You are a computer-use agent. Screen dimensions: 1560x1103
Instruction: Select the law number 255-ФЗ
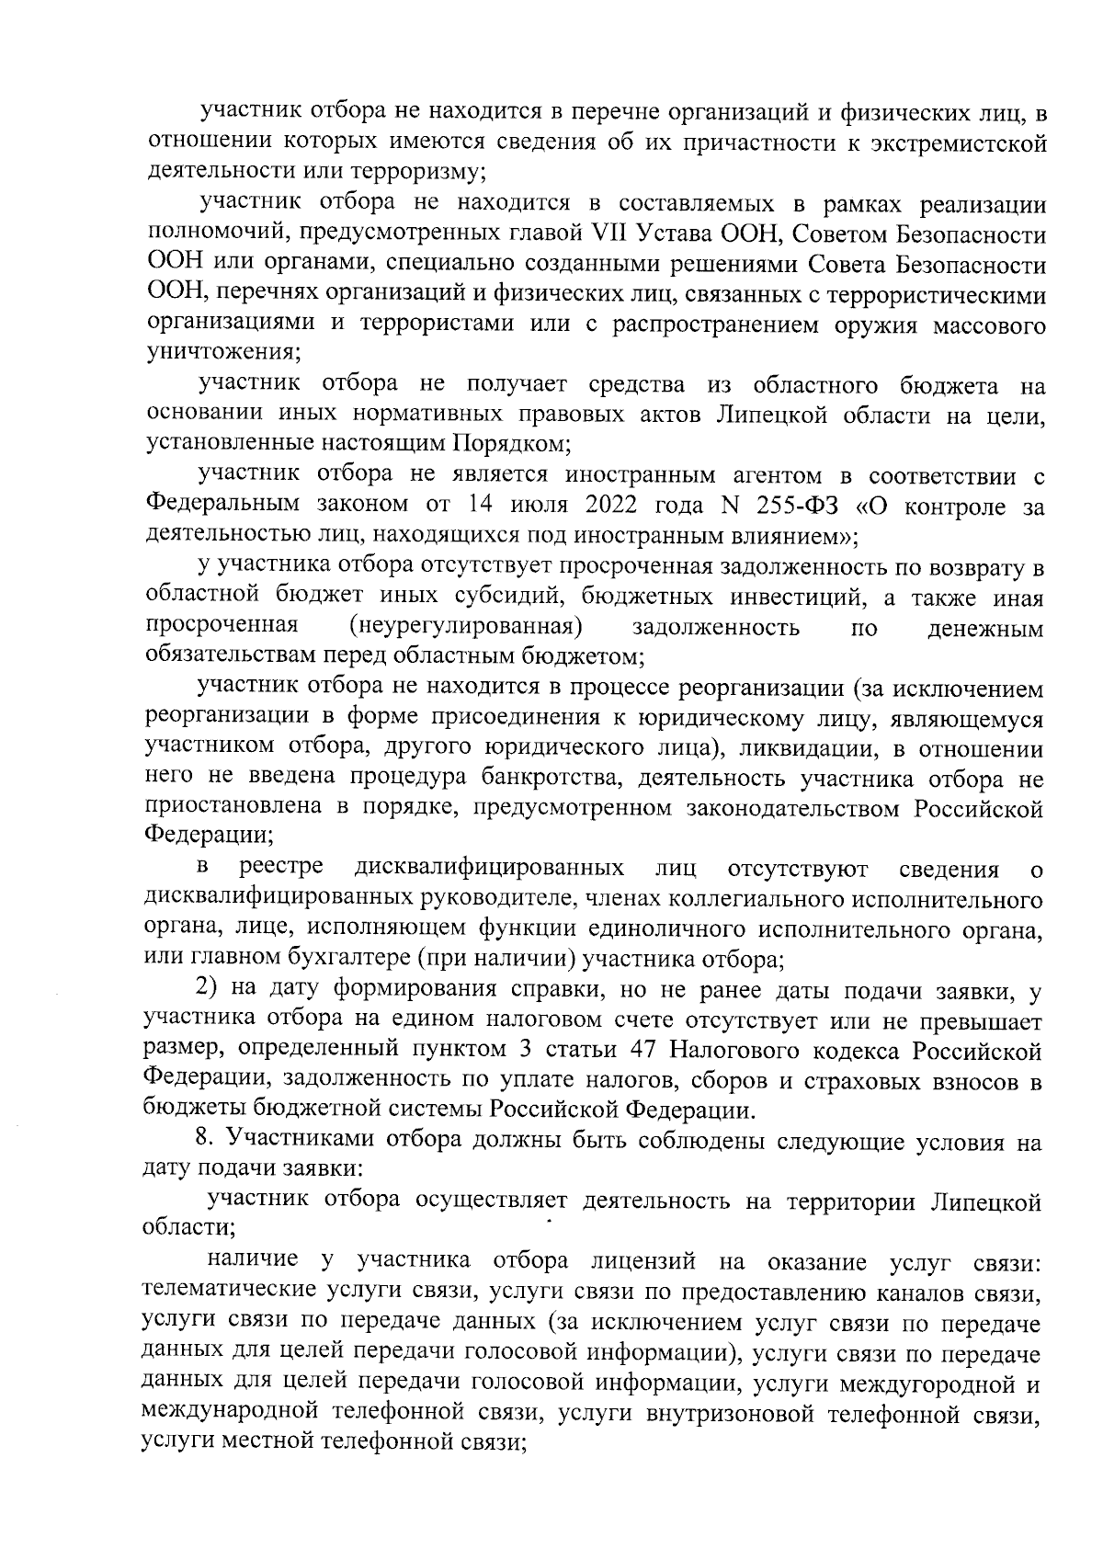tap(802, 504)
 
